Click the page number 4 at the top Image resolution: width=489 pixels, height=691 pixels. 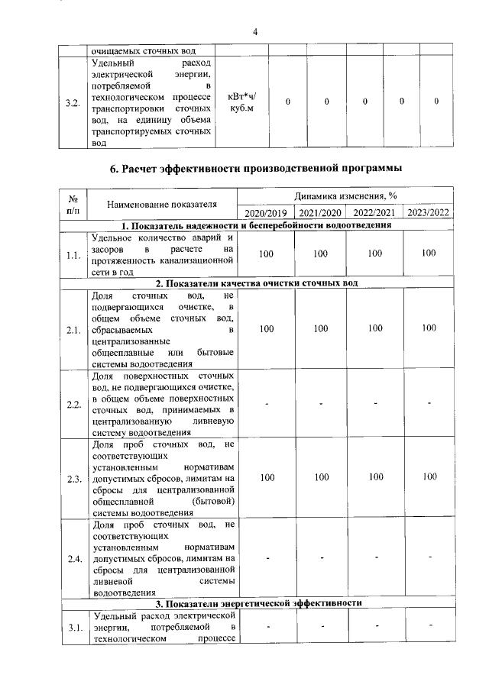point(256,31)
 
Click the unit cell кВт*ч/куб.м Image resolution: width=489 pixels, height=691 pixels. point(242,102)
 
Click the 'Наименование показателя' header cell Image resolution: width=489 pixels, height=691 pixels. point(162,204)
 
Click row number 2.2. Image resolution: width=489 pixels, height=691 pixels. point(74,404)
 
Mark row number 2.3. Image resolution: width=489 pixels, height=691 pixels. point(74,478)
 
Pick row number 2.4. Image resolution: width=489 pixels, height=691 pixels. point(74,558)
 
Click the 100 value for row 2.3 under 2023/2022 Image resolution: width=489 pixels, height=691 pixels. point(429,476)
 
